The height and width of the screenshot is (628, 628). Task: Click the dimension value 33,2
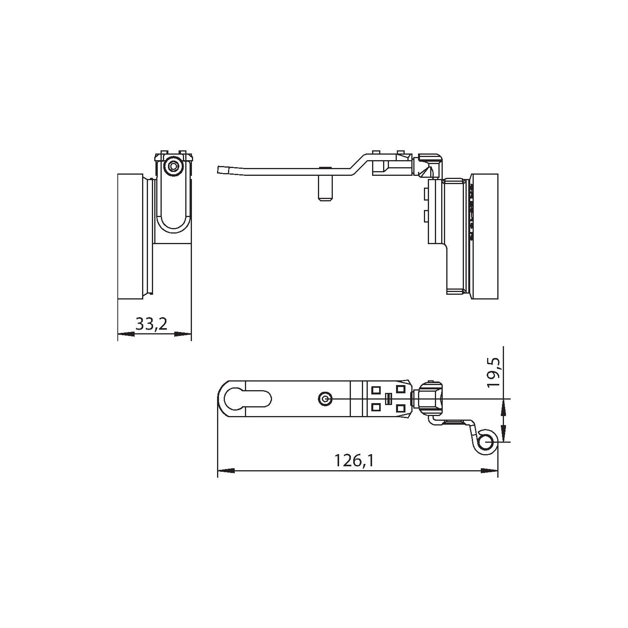[x=152, y=324]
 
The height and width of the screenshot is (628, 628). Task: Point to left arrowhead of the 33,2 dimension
[x=126, y=334]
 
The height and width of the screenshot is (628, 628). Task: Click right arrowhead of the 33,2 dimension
[x=183, y=334]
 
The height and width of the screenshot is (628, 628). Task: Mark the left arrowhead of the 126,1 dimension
[x=226, y=470]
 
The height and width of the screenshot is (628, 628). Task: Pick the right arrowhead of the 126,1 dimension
[x=489, y=470]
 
